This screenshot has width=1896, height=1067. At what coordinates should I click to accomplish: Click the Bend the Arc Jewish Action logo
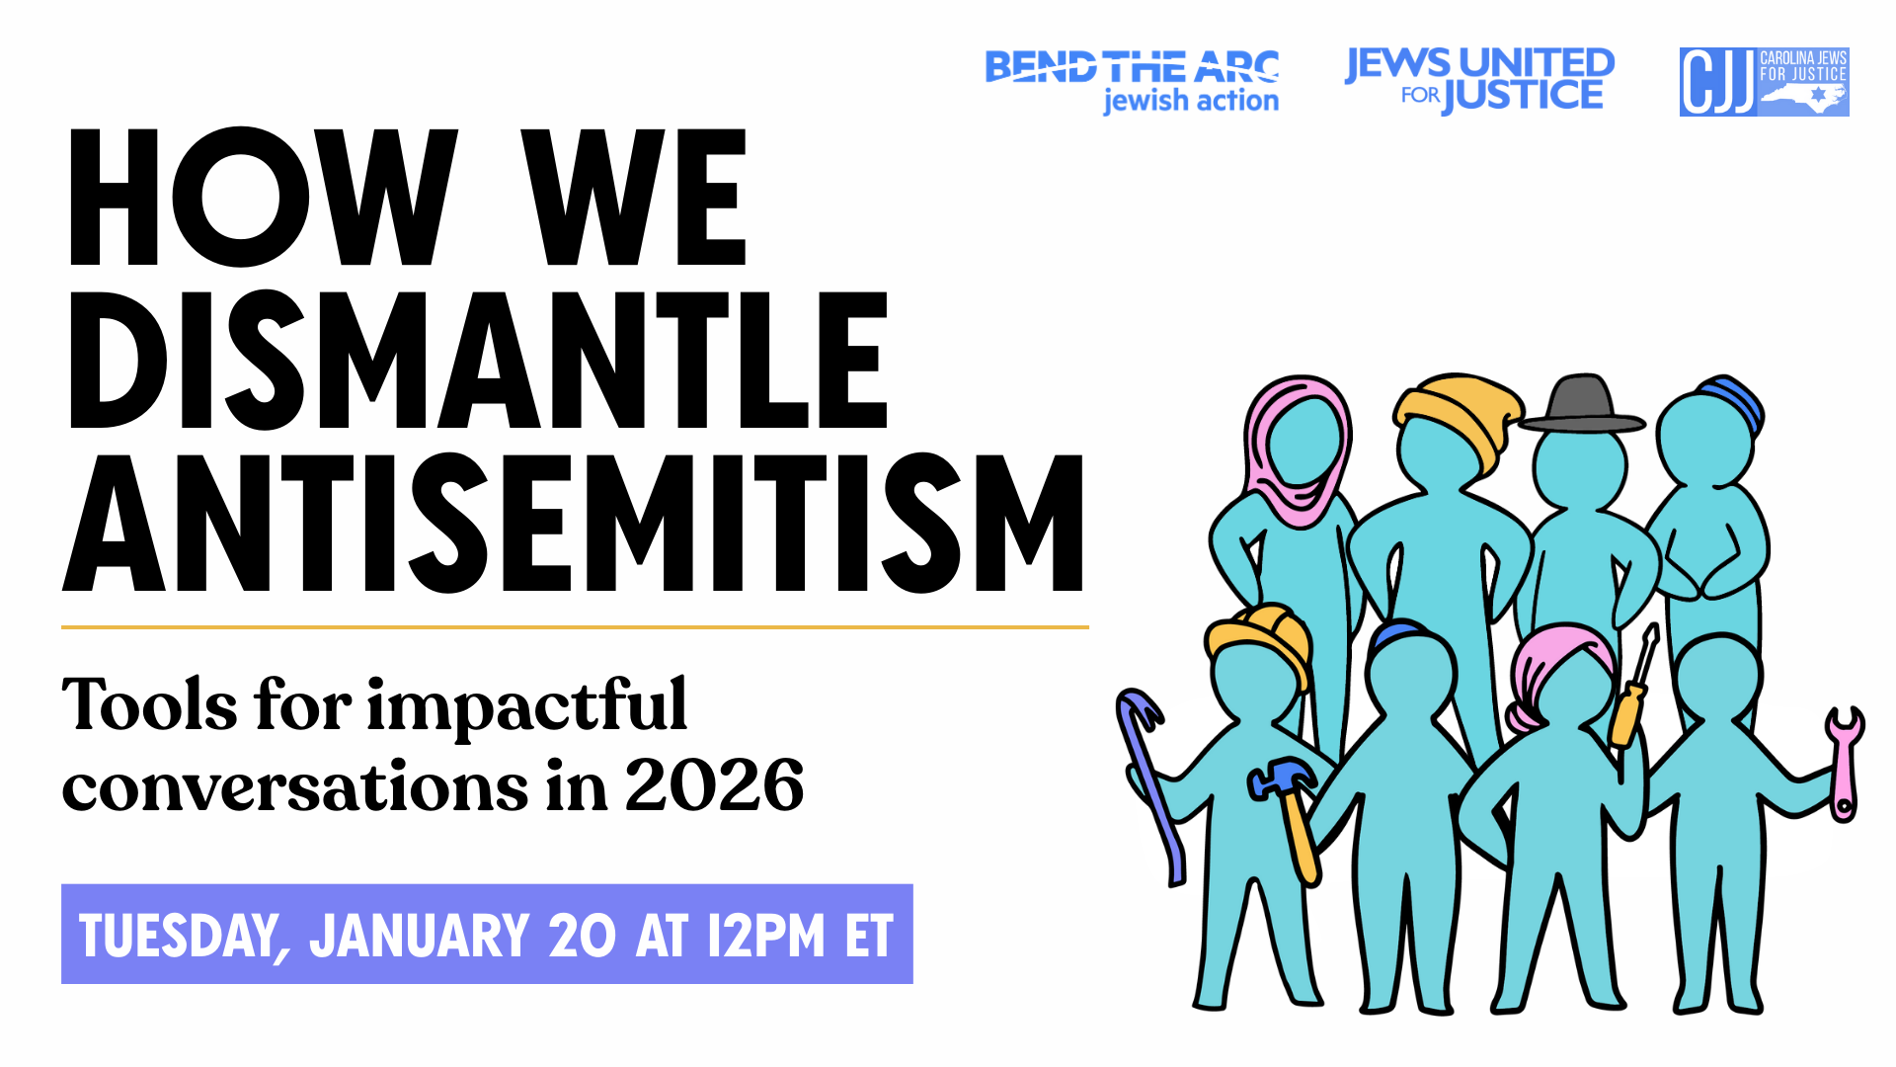tap(1133, 82)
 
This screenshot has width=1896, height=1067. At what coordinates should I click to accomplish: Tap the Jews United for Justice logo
tap(1479, 80)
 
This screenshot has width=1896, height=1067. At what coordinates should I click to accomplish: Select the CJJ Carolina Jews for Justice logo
tap(1764, 82)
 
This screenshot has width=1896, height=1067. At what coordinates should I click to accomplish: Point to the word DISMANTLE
tap(478, 361)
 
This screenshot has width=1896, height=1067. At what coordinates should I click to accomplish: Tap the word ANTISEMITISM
tap(574, 524)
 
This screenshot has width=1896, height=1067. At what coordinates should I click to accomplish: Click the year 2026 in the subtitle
tap(714, 785)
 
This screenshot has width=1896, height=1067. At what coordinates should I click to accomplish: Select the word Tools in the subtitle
tap(149, 704)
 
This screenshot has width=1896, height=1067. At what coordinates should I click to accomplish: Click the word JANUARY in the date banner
tap(420, 935)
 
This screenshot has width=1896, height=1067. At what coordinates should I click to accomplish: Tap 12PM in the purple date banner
tap(765, 935)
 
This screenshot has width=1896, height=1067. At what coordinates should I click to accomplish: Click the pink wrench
tap(1843, 764)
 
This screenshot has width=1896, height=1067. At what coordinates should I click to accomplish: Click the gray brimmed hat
tap(1581, 405)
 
